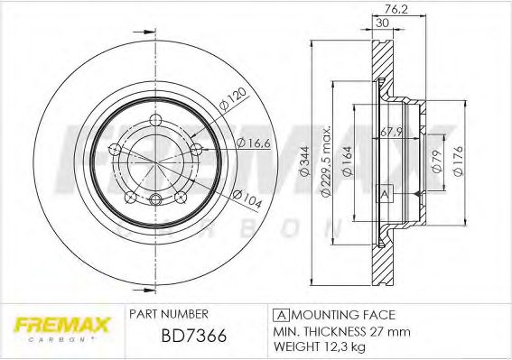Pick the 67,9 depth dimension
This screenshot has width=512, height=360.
[390, 133]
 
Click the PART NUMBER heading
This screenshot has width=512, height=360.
[170, 313]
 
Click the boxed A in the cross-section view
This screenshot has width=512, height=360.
[385, 195]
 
